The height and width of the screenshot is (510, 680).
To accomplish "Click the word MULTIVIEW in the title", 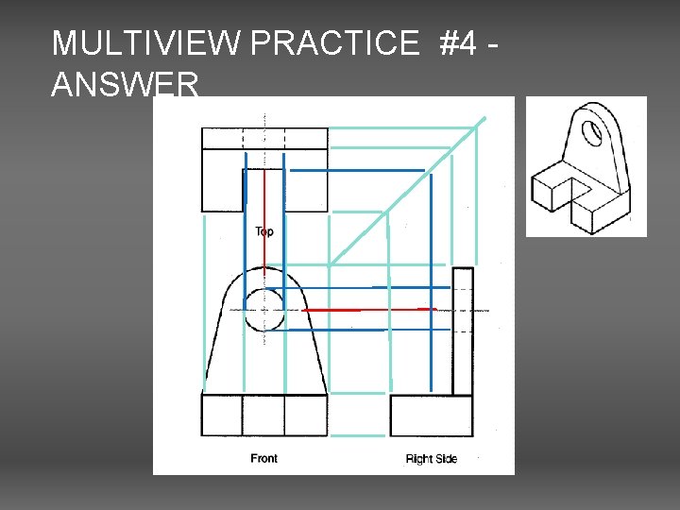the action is (x=145, y=42).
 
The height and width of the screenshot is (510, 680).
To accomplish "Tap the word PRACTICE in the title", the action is (x=334, y=42).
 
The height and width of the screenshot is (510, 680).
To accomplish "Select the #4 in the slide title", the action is (x=458, y=42).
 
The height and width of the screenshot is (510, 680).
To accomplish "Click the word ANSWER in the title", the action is (x=126, y=84).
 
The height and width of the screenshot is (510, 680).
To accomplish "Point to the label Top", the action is (x=264, y=231).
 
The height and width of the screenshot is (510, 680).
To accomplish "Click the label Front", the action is (x=263, y=458).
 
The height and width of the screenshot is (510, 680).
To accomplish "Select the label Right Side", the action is (x=432, y=459).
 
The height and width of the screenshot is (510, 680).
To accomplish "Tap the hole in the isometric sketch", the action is (x=592, y=133).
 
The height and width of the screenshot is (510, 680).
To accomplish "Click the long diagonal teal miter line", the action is (x=407, y=191).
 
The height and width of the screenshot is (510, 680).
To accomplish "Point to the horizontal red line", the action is (x=369, y=310).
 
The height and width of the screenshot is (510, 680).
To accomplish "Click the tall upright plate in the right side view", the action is (x=463, y=331).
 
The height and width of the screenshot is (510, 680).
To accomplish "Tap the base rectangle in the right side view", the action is (x=431, y=415).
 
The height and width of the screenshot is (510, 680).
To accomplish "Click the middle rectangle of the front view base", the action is (x=263, y=415).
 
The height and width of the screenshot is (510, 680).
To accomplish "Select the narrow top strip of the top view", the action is (x=264, y=138).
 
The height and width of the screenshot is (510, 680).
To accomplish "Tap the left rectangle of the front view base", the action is (x=222, y=415).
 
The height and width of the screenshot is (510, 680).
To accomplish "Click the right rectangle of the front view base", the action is (x=306, y=415).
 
